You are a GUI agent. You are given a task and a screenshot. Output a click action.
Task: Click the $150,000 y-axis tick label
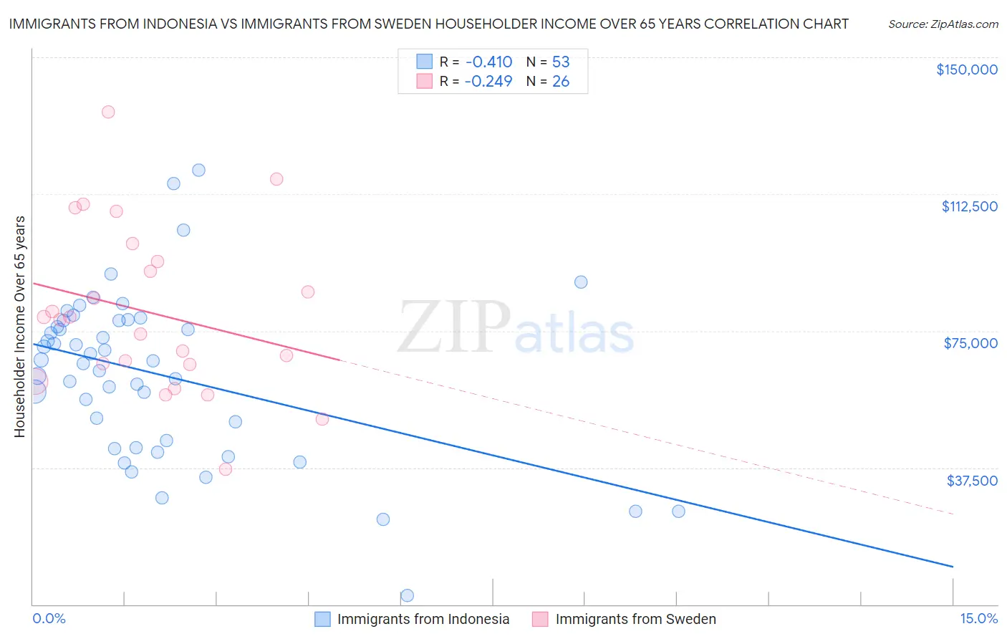point(966,69)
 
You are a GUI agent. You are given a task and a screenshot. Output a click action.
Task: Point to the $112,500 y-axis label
point(969,206)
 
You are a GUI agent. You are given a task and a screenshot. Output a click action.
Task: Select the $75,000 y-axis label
point(970,343)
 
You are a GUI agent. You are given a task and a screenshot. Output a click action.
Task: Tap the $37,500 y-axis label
point(971,481)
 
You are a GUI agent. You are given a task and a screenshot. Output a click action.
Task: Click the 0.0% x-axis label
point(49,618)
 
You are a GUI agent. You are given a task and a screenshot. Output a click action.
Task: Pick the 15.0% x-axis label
point(978,618)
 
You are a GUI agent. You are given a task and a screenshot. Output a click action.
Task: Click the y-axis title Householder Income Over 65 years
point(19,326)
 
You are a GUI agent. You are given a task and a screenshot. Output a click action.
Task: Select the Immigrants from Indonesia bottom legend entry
point(423,619)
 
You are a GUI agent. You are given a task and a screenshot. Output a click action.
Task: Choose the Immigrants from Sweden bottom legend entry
point(635,619)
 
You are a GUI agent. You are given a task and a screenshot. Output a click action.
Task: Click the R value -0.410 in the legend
point(488,62)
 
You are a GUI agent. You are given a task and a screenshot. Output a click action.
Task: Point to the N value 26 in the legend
point(561,82)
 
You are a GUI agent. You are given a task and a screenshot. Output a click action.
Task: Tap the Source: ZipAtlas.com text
point(943,24)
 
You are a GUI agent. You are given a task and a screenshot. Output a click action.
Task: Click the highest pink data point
point(108,112)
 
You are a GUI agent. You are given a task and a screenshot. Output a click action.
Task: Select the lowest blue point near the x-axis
point(407,595)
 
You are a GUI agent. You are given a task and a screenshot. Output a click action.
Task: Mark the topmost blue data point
point(198,170)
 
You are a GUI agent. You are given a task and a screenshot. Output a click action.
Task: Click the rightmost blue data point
point(678,511)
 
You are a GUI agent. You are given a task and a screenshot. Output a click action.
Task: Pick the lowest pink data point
point(226,469)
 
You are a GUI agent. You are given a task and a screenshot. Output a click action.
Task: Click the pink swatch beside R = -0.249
point(425,82)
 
